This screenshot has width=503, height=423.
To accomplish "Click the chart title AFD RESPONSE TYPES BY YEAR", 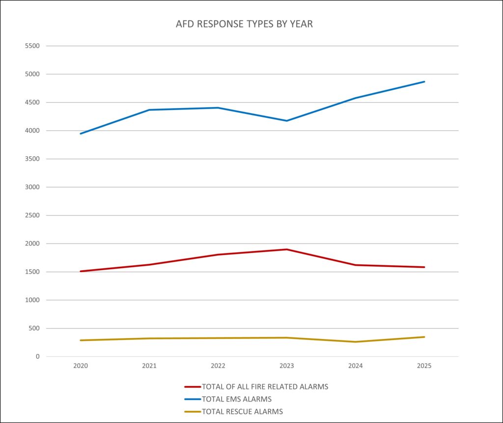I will pos(244,24).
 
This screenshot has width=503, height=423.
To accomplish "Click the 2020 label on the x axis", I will pos(81,367).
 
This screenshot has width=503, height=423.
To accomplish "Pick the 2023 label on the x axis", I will pos(287,367).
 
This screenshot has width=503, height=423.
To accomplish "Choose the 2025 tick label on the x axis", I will pos(424,367).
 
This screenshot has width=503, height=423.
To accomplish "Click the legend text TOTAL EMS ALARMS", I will pos(236,399).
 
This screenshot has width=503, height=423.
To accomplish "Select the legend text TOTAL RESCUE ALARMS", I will pos(242,412).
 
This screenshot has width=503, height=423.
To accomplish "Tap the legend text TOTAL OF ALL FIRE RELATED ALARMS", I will pos(265,387).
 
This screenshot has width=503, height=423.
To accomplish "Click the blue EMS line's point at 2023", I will pos(287,121).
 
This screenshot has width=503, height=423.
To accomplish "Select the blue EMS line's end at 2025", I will pos(424,82).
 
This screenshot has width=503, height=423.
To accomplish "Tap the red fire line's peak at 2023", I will pos(287,250).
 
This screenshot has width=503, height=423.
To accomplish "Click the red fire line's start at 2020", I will pos(81,271).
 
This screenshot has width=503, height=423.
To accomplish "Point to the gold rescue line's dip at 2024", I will pos(356,342).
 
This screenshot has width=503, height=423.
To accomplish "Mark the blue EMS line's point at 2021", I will pos(149,110).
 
